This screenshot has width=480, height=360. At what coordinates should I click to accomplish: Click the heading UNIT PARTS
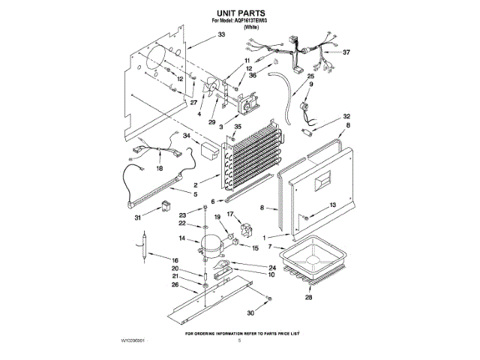pos(240,13)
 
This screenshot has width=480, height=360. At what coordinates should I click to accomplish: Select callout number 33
pos(221,35)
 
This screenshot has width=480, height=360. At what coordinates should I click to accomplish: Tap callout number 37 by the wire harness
pos(346,52)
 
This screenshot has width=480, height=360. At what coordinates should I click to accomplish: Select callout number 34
pos(187,136)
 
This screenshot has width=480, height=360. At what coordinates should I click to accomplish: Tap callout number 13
pos(334,205)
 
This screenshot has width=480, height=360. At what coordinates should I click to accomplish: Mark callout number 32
pos(346,116)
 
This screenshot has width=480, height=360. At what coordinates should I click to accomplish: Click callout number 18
pos(158,169)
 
